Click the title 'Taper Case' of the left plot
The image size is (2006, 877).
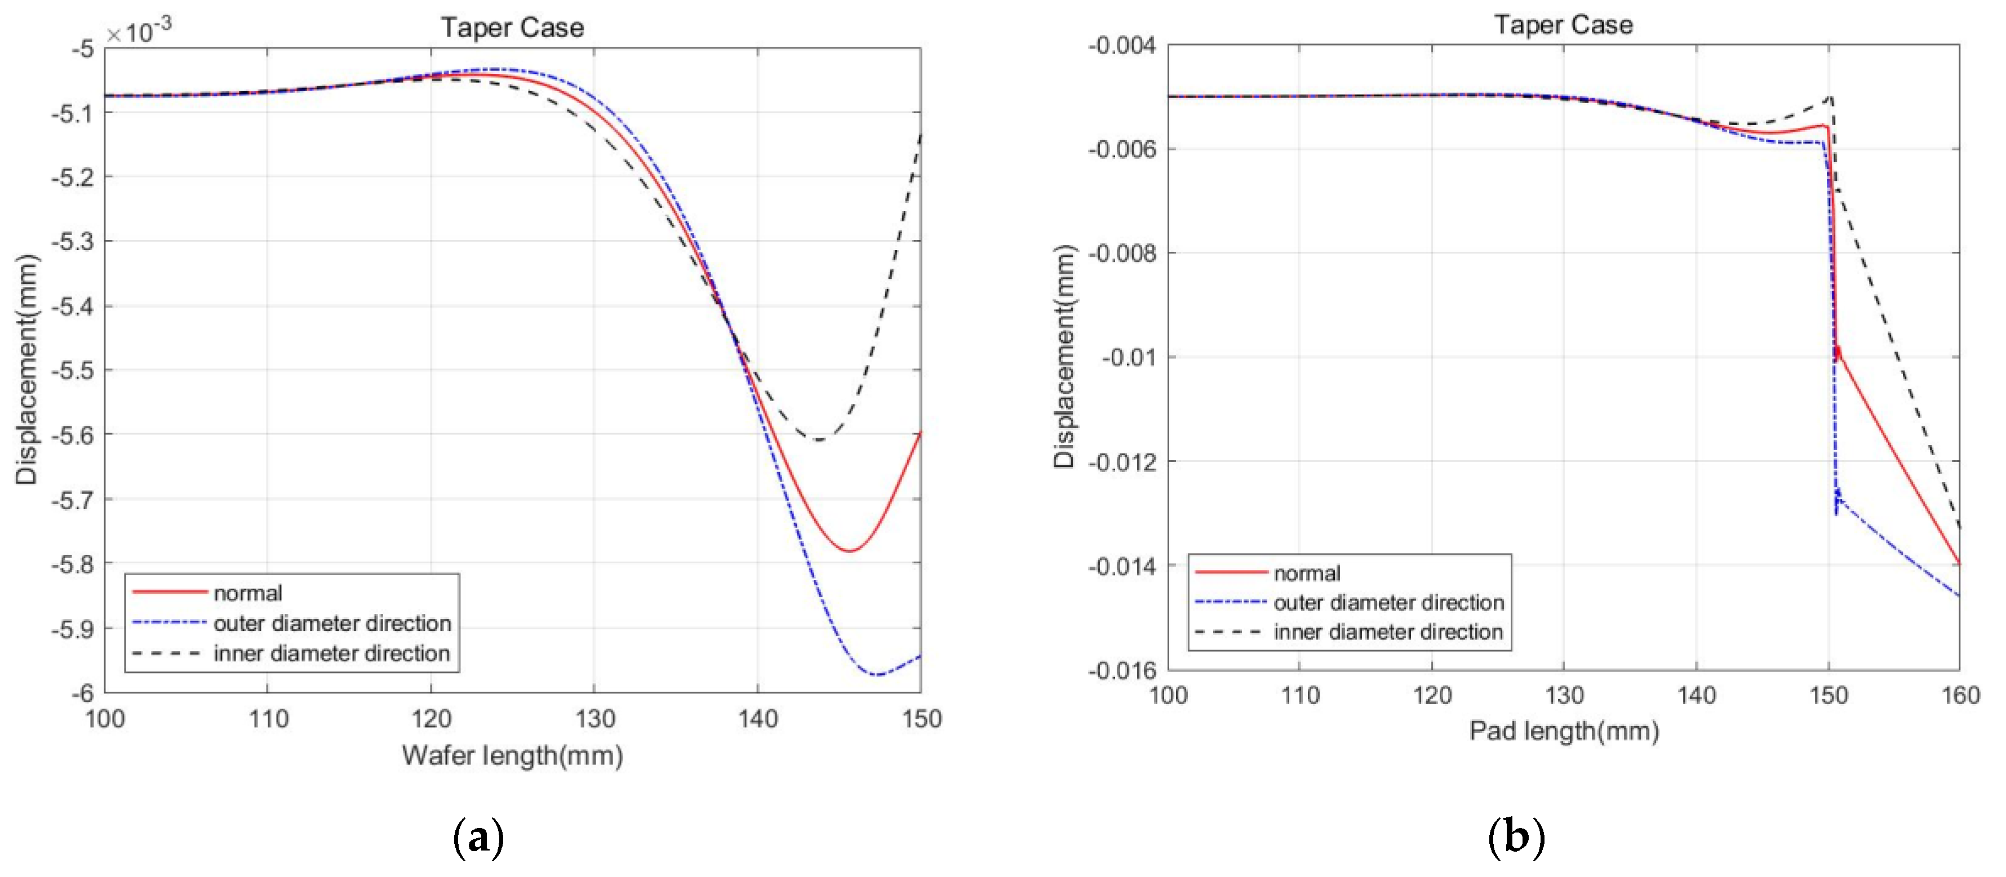512,28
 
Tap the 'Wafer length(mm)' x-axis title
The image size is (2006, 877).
512,755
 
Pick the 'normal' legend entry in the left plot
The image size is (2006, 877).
247,593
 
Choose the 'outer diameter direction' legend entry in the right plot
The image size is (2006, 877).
1388,602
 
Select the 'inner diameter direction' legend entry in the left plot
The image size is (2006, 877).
332,653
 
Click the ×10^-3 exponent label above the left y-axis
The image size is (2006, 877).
139,31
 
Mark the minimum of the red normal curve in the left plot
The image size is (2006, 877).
849,551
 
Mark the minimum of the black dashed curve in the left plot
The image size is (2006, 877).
818,440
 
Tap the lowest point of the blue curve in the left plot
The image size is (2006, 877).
877,675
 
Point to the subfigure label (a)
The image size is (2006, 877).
478,838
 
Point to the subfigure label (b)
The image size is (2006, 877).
1515,838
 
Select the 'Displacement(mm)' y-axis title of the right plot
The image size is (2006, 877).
1064,357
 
